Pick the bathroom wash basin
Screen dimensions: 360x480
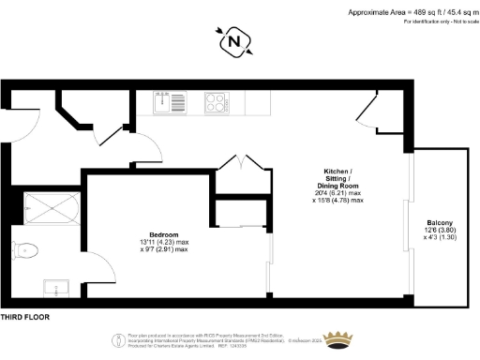[52, 285]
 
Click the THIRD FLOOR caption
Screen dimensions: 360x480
[27, 317]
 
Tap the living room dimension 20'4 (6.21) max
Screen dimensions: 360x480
[337, 193]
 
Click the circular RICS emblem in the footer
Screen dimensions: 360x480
[118, 339]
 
